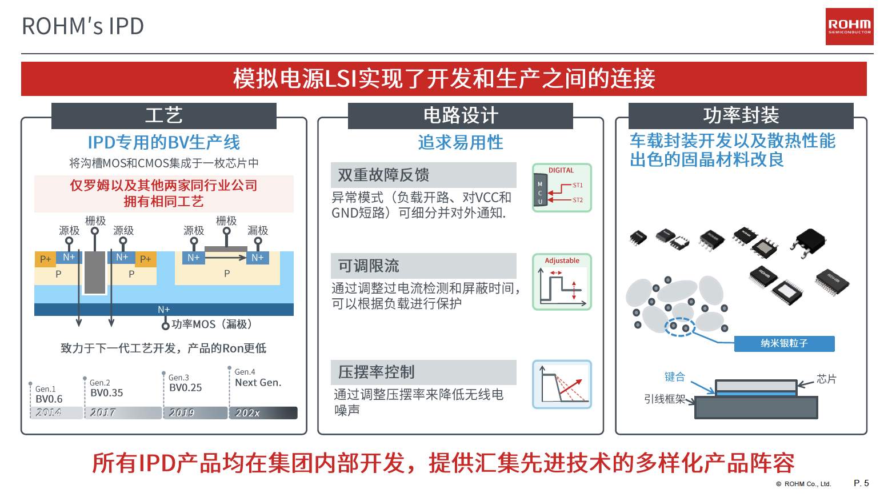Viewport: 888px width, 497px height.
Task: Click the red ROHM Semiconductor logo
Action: (x=849, y=26)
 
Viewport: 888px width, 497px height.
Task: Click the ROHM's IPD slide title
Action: (x=83, y=26)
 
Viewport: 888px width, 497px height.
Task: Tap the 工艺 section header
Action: (x=164, y=115)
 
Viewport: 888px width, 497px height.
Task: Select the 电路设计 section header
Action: (x=460, y=115)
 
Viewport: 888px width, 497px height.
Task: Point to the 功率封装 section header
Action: (x=741, y=115)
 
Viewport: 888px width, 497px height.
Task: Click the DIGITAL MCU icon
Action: (x=562, y=187)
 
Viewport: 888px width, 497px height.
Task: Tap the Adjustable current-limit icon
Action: (x=562, y=282)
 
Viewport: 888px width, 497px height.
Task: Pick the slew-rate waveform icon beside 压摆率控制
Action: (x=562, y=384)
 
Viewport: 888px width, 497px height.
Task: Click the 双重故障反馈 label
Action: (x=383, y=175)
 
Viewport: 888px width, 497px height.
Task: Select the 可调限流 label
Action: (x=368, y=266)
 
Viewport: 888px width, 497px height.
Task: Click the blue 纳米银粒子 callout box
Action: (x=784, y=343)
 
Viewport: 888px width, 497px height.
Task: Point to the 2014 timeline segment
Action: (x=57, y=412)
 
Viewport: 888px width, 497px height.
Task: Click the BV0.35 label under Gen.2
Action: (x=107, y=393)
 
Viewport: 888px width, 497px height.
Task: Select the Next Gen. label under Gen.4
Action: (x=258, y=382)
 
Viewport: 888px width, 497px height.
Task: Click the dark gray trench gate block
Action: (x=95, y=272)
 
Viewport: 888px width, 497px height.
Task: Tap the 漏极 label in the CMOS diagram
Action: (x=258, y=230)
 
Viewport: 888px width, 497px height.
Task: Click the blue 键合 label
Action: (x=675, y=376)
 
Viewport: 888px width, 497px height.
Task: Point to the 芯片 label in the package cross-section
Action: (x=826, y=379)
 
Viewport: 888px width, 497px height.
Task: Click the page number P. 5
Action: (x=861, y=483)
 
